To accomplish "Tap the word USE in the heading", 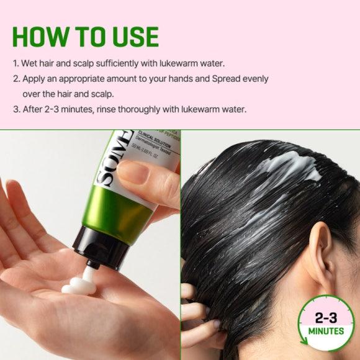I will [x=131, y=37].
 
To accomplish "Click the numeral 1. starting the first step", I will [x=16, y=65].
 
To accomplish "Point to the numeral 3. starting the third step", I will [x=16, y=109].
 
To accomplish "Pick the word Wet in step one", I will [x=30, y=65].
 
